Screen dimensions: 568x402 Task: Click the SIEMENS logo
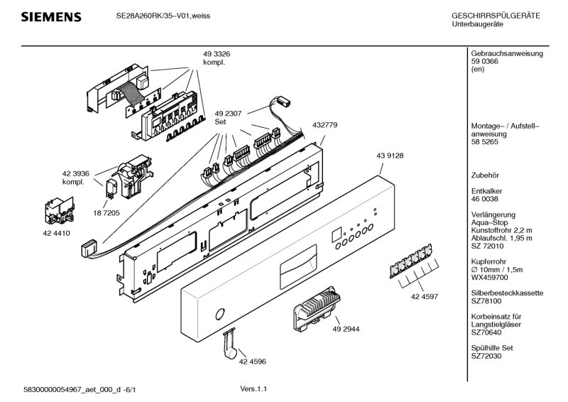(51, 16)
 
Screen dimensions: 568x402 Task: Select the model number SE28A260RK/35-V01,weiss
(163, 16)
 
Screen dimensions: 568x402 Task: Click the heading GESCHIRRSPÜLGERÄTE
(496, 16)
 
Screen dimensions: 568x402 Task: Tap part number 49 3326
(217, 54)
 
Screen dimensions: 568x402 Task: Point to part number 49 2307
(228, 114)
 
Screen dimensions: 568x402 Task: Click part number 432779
(324, 125)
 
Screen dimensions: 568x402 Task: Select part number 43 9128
(390, 156)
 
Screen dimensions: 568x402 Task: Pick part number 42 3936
(76, 173)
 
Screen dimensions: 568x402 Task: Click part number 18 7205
(106, 213)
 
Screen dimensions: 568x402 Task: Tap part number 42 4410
(57, 234)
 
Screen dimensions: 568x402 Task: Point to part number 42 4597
(425, 296)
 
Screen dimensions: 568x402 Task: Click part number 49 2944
(346, 329)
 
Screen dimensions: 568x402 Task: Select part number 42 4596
(253, 362)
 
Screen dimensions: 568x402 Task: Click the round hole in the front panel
(220, 314)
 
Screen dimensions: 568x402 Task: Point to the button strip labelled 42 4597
(411, 260)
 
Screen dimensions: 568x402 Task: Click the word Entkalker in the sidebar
(486, 191)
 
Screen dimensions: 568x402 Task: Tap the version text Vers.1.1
(253, 389)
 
